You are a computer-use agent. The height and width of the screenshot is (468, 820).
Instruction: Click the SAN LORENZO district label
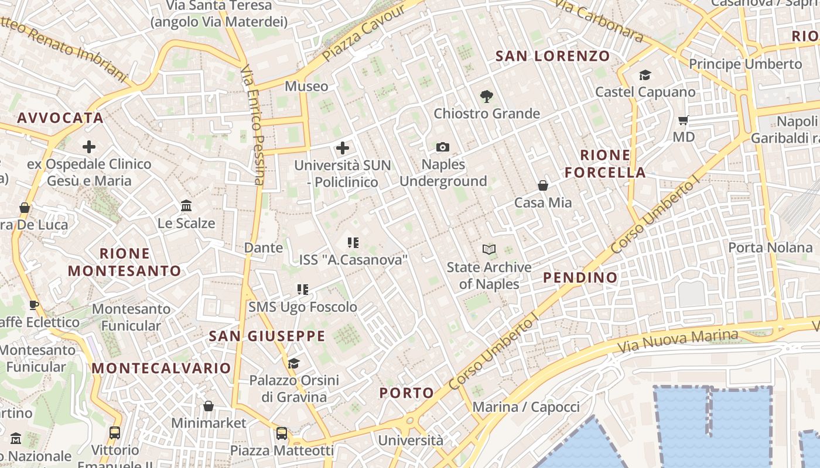tap(553, 56)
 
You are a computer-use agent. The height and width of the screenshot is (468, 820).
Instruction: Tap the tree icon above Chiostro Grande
tap(486, 96)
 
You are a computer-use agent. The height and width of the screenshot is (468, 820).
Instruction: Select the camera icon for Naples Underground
tap(443, 147)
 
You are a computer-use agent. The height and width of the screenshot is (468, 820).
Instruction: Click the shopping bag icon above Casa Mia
tap(543, 185)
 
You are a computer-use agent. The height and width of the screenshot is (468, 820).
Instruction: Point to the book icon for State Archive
tap(488, 250)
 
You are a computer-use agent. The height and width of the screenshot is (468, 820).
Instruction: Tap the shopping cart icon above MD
tap(683, 121)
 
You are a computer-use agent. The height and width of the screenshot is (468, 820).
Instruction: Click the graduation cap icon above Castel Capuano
tap(645, 75)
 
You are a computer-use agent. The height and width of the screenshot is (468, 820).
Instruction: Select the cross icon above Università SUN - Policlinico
tap(343, 148)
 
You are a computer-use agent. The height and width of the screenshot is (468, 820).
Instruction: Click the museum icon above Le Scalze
tap(186, 206)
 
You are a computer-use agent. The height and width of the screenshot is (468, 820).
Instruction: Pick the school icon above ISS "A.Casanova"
tap(353, 242)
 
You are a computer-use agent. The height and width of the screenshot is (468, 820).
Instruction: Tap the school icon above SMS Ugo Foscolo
tap(302, 289)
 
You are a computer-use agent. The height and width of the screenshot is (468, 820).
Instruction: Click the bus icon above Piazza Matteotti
tap(282, 433)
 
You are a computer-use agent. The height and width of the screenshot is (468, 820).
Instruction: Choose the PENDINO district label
tap(580, 277)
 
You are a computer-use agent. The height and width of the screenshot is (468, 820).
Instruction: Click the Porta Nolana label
tap(770, 247)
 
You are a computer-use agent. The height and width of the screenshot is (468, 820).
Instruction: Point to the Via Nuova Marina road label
tap(678, 340)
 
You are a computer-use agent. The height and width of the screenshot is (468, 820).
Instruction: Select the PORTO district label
tap(406, 393)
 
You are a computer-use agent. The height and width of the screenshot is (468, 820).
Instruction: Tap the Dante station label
tap(264, 247)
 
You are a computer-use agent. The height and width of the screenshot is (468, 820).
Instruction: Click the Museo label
tap(306, 87)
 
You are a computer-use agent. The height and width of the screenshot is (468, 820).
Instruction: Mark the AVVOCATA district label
tap(60, 118)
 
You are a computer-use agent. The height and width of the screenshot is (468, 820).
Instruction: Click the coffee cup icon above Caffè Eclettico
tap(34, 305)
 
